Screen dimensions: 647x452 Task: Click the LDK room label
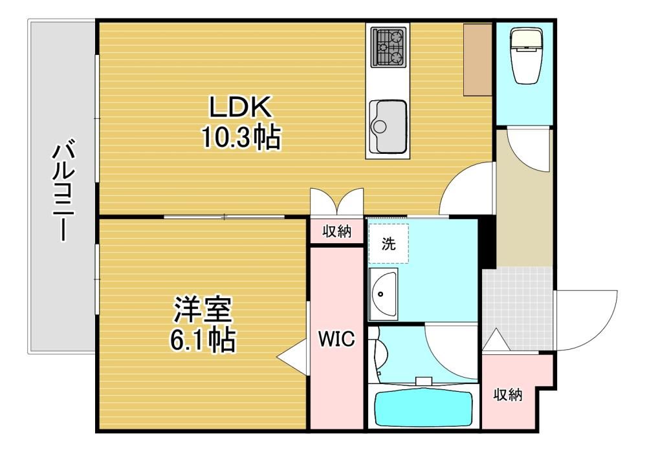tap(241, 107)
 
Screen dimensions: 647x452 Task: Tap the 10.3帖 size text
tap(241, 137)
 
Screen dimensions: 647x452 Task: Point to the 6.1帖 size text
tap(203, 339)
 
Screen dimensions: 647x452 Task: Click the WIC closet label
tap(336, 339)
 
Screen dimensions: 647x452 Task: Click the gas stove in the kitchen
tap(388, 47)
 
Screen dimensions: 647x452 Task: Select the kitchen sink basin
tap(388, 127)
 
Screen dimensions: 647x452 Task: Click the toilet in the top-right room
tap(525, 56)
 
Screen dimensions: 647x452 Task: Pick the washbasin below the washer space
tap(383, 294)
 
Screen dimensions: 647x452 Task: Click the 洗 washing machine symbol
tap(388, 244)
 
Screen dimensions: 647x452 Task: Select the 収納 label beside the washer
tap(336, 231)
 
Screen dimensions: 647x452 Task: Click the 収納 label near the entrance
tap(507, 394)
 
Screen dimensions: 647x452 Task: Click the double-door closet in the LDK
tap(336, 202)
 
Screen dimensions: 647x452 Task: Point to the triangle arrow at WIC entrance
tap(293, 357)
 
